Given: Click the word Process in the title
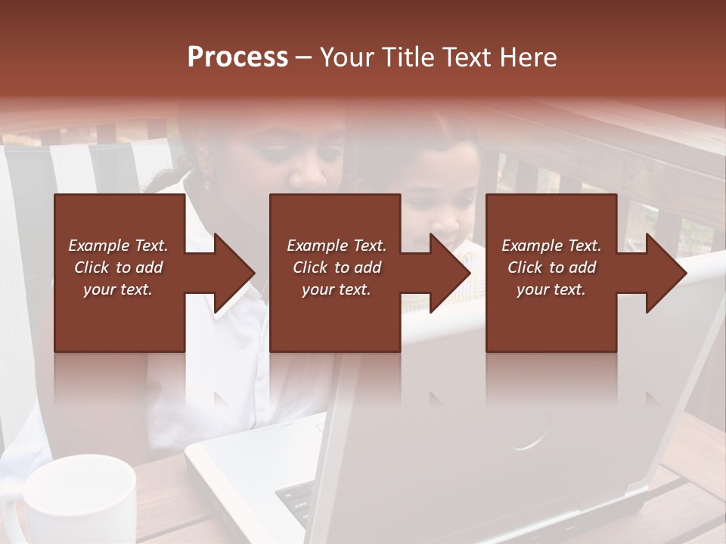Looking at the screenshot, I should (237, 57).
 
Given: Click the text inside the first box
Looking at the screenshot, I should (118, 267).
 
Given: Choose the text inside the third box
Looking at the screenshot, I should (551, 267).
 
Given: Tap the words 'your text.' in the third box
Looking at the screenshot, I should (551, 289).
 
